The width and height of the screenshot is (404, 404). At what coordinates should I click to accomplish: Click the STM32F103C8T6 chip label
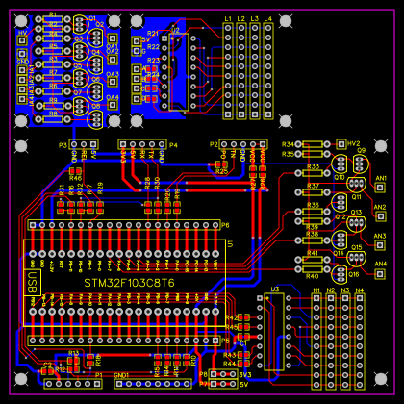coord(129,283)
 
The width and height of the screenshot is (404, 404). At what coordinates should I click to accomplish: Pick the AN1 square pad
coord(379,189)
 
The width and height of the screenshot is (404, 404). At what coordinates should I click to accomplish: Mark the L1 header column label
coord(228,19)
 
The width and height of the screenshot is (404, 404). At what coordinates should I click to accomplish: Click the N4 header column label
coord(360,289)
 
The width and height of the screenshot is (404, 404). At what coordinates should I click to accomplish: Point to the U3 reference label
coord(274,289)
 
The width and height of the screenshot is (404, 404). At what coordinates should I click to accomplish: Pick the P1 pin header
coord(72,383)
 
